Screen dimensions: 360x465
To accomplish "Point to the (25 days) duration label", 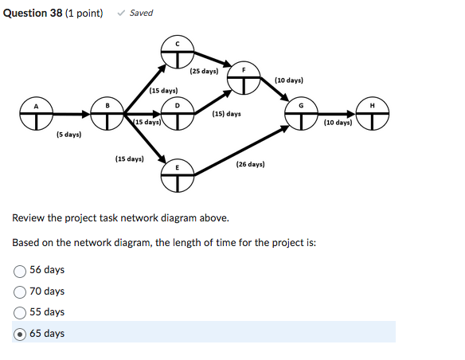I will coord(205,72).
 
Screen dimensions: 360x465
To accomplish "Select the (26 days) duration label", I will coord(250,164).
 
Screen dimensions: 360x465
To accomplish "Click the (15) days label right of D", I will coord(226,114).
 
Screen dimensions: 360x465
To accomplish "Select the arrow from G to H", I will coord(336,115).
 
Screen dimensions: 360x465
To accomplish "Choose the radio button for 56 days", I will coord(20,271).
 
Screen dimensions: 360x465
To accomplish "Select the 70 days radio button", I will coord(20,292).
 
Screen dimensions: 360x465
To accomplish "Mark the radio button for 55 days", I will coord(20,312).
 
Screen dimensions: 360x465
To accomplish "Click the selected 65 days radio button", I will coord(20,334).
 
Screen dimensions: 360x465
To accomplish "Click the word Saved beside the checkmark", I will coord(141,13).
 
